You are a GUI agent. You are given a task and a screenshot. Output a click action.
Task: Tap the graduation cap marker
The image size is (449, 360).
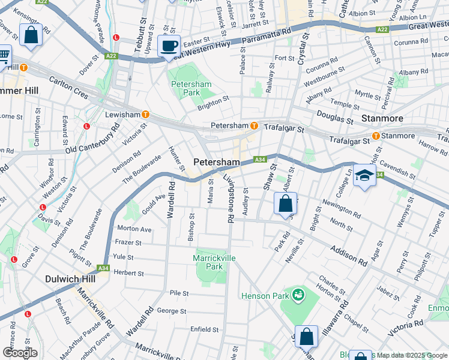(x=364, y=176)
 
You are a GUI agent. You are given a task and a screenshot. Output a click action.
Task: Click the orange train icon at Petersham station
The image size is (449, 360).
(x=255, y=126)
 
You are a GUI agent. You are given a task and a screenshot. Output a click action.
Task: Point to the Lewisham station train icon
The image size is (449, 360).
(x=145, y=114)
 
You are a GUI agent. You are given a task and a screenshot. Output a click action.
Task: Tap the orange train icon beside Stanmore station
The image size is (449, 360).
(x=376, y=136)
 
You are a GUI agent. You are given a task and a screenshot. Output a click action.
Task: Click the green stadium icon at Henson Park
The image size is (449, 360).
(x=297, y=295)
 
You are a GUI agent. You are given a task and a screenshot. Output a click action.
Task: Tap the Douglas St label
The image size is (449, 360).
(x=335, y=118)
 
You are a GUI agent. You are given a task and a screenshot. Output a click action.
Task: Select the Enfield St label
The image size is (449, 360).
(x=205, y=329)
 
